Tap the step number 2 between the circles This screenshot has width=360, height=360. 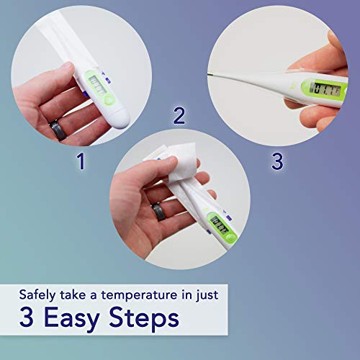(180, 114)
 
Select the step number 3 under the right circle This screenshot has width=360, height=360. (277, 161)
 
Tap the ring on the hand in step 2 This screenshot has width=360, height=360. (158, 213)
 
